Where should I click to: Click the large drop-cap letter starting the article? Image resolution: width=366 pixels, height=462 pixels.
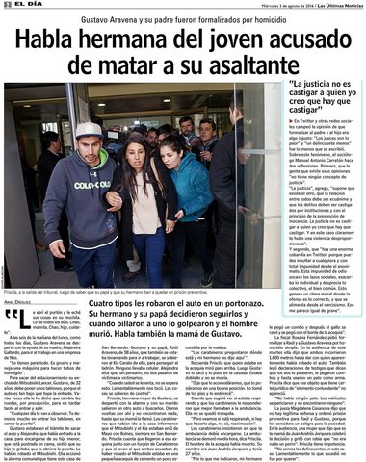pos(11,317)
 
